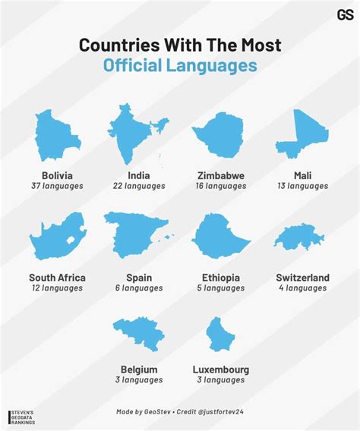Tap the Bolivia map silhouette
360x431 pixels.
tap(57, 137)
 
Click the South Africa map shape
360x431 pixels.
tap(58, 236)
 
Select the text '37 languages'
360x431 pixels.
tap(57, 186)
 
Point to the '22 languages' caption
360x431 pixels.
tap(138, 186)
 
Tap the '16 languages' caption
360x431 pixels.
tap(220, 186)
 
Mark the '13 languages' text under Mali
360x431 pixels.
tap(302, 186)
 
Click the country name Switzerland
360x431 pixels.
tap(302, 278)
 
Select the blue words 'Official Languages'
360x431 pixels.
tap(180, 66)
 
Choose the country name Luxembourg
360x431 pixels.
tap(221, 370)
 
